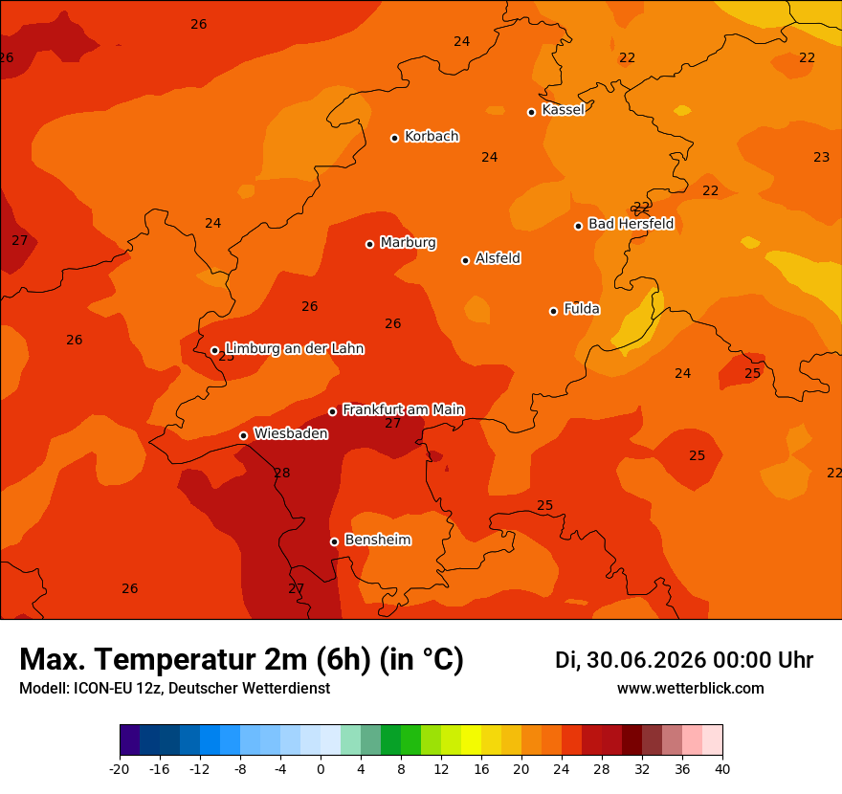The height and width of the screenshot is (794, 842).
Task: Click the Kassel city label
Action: [563, 109]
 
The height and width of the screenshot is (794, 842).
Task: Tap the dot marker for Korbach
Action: [394, 138]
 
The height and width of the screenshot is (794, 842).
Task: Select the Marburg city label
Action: [409, 243]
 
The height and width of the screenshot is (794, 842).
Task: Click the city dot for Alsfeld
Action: [466, 260]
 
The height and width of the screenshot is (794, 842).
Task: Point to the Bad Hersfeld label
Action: [631, 223]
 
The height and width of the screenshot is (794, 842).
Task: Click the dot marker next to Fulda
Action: [554, 311]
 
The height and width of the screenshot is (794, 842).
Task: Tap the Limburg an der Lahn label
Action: [295, 349]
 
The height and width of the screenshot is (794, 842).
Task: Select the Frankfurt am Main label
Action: [403, 409]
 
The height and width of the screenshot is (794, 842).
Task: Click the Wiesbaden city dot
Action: [244, 435]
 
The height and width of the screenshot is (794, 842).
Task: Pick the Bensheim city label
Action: [378, 540]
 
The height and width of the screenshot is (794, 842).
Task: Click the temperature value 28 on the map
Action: [282, 473]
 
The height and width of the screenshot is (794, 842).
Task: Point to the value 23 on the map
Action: [822, 157]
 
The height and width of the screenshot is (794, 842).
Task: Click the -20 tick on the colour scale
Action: [120, 769]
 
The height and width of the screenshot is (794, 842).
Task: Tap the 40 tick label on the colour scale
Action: [722, 769]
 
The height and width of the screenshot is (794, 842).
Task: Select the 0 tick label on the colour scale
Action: [321, 769]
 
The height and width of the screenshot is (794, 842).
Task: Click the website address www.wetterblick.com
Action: [691, 688]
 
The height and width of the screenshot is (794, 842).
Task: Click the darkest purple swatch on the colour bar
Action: [130, 739]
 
